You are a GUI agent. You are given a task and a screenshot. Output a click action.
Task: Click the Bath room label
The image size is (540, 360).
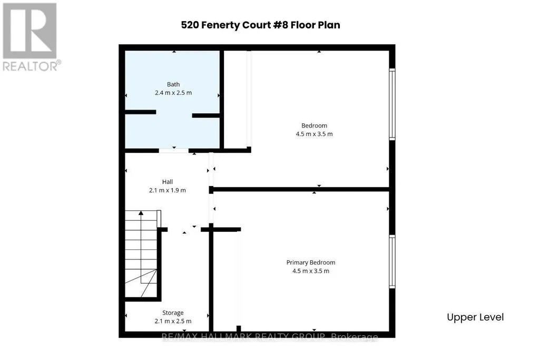[x=173, y=84]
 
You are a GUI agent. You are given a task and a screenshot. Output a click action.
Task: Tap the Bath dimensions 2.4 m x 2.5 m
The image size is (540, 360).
[x=173, y=93]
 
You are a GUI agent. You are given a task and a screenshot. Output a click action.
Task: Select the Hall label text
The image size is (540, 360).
[x=168, y=182]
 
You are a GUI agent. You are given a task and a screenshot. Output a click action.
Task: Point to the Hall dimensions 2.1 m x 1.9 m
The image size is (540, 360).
[x=168, y=190]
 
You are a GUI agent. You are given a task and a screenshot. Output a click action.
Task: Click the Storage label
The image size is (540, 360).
[x=173, y=313]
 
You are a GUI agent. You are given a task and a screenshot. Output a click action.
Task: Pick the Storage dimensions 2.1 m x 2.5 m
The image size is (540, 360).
[x=173, y=321]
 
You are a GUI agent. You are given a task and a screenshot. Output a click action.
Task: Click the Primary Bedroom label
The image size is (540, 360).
[x=311, y=262]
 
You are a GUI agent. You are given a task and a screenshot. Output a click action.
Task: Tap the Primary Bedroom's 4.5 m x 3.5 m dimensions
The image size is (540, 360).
[x=311, y=271]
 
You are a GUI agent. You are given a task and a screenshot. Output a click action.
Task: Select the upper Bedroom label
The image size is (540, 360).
[x=314, y=126]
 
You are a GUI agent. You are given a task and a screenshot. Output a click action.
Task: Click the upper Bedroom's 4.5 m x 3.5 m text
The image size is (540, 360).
[x=314, y=134]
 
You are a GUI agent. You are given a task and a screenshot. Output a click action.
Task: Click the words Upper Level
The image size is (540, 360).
[x=475, y=317]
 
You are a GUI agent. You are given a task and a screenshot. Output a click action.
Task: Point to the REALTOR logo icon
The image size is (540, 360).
[x=30, y=31]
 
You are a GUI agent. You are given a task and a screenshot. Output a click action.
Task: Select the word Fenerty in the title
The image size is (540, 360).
[x=220, y=25]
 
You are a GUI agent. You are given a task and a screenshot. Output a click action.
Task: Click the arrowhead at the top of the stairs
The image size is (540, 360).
[x=141, y=213]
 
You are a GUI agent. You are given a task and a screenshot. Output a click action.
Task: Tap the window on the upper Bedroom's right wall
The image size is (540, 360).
[x=392, y=104]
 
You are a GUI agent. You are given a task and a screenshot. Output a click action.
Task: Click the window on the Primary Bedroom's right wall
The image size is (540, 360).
[x=392, y=261]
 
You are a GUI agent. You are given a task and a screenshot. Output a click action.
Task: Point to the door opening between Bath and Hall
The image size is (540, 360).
[x=173, y=151]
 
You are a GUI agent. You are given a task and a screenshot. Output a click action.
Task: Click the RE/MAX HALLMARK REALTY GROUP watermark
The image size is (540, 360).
[x=270, y=337]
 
